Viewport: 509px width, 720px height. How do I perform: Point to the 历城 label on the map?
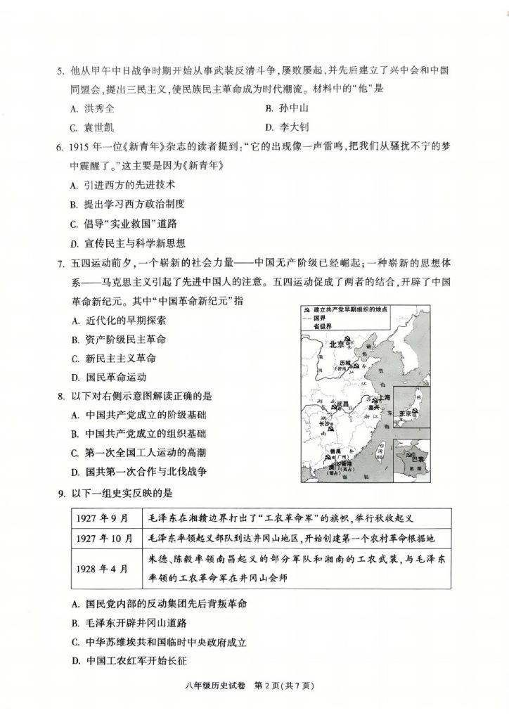click(x=344, y=364)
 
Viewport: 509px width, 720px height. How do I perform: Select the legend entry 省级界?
click(x=323, y=326)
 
